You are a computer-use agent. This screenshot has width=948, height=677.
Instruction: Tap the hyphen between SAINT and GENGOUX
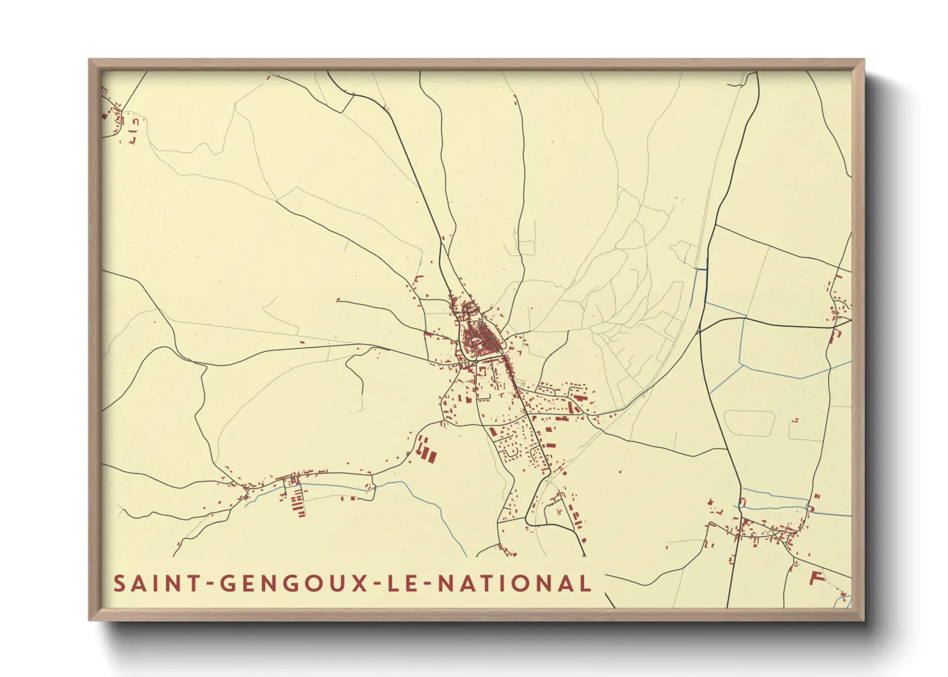point(208,584)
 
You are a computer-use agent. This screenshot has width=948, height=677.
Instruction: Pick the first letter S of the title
point(119,584)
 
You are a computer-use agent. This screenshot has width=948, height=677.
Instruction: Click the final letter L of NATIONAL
point(584,584)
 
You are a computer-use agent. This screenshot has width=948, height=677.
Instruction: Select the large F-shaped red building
point(815,578)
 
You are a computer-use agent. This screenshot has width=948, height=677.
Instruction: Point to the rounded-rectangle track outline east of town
point(749,423)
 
